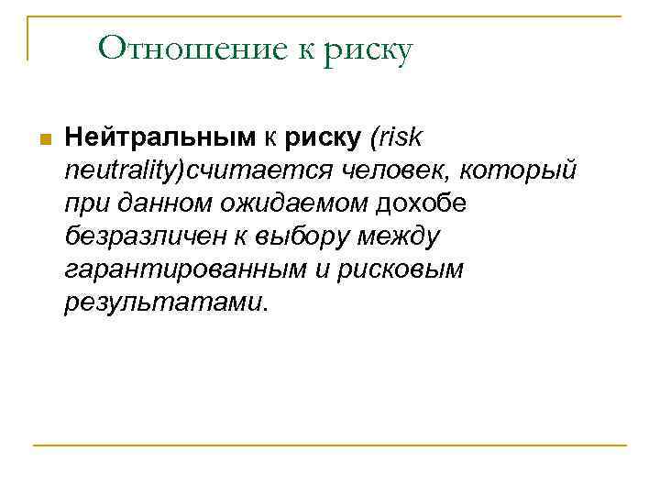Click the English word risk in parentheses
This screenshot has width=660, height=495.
pos(398,137)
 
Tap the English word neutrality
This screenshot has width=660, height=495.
pos(122,170)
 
